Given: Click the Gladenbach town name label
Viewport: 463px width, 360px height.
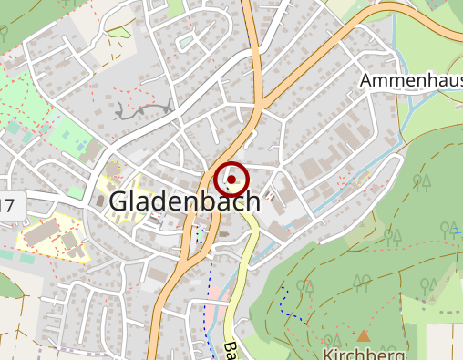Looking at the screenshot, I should (x=184, y=202).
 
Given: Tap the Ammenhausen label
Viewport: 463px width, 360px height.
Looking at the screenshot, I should (x=411, y=80).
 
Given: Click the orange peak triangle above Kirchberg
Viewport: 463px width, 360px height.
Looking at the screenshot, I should (x=364, y=335).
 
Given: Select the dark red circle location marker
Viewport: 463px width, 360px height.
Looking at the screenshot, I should (x=233, y=180).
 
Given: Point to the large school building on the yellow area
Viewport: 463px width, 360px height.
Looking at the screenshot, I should (x=41, y=233).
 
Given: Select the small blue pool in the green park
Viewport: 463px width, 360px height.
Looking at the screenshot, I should (x=88, y=145).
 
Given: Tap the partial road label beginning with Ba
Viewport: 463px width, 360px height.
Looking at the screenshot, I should (x=231, y=350).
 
